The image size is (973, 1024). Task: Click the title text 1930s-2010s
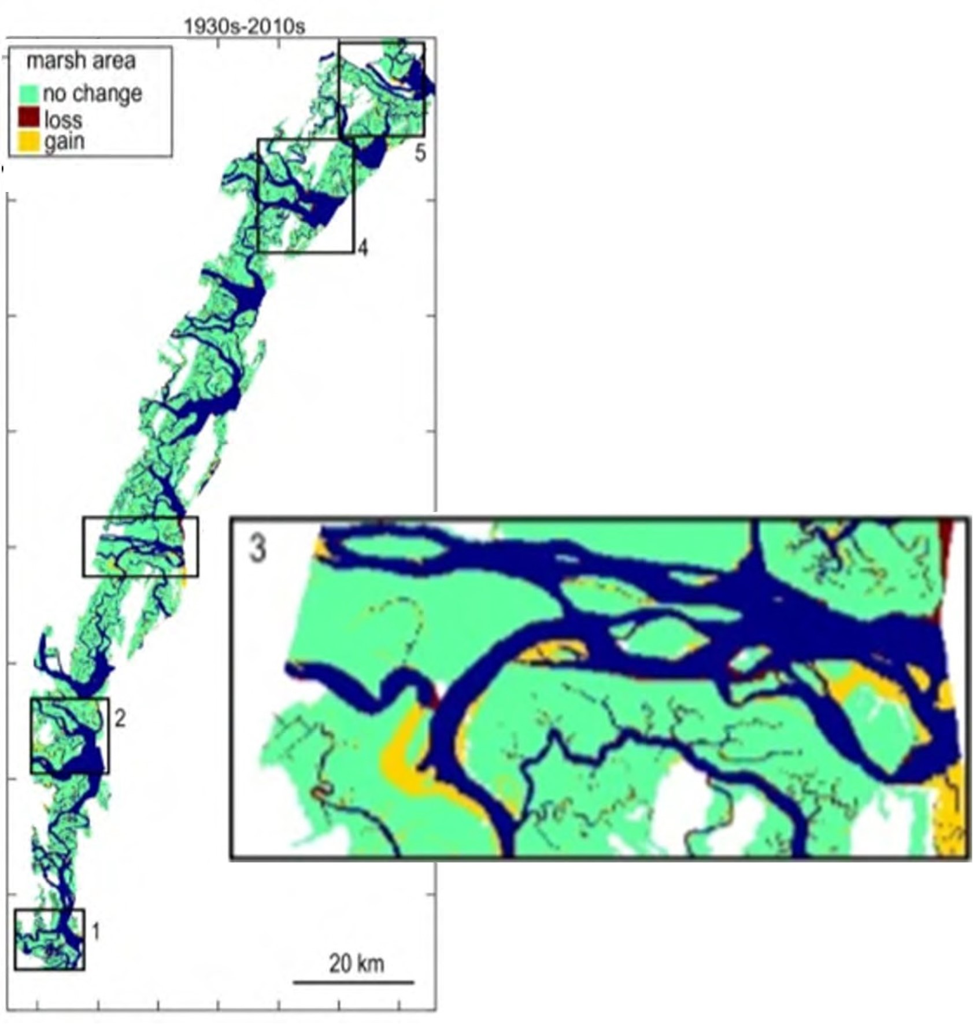[x=244, y=27]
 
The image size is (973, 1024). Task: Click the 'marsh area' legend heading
[x=81, y=61]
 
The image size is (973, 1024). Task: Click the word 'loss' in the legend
[x=63, y=120]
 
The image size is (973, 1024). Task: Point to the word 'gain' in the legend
[x=64, y=142]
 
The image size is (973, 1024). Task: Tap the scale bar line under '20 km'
[x=353, y=981]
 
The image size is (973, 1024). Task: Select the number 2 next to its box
[x=120, y=718]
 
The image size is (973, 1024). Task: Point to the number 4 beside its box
[x=362, y=248]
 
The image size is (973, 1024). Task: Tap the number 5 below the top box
[x=420, y=153]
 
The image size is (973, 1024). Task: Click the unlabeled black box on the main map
[x=140, y=546]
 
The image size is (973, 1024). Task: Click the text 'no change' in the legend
[x=93, y=94]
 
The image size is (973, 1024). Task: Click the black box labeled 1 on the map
[x=50, y=939]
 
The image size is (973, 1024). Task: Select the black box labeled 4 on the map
[x=305, y=195]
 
